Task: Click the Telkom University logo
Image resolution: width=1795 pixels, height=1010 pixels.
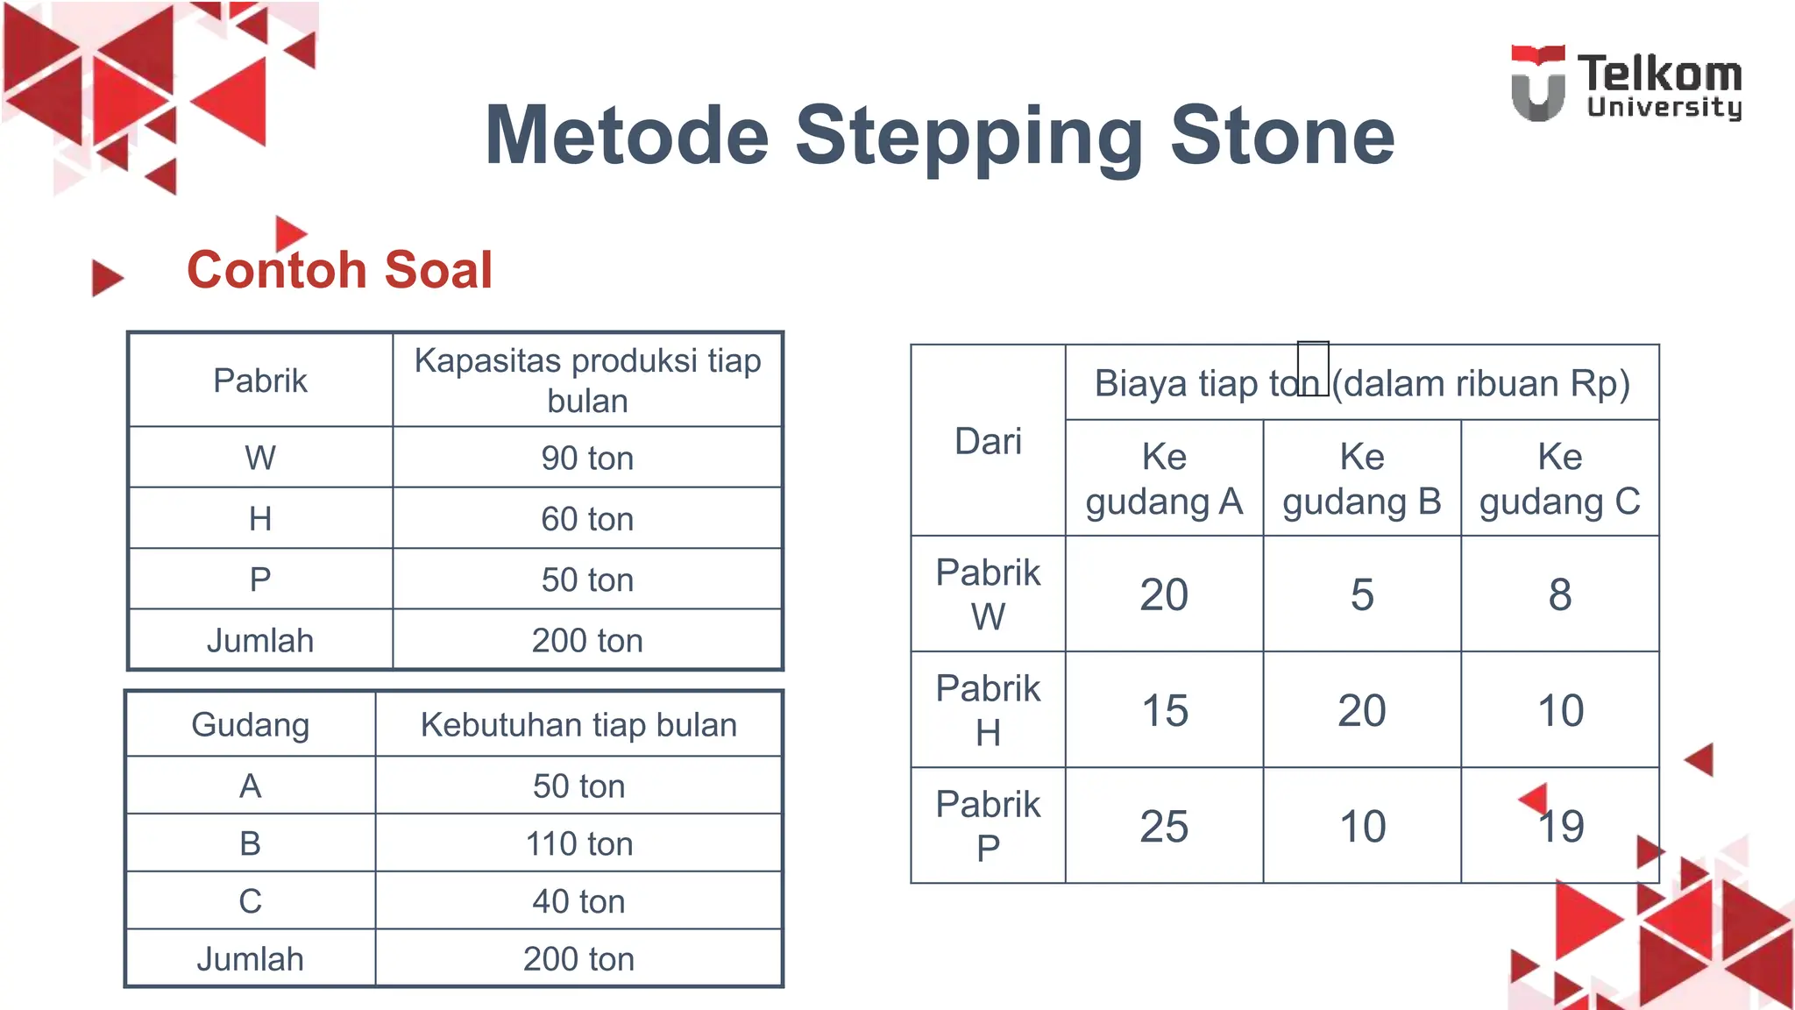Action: pyautogui.click(x=1626, y=84)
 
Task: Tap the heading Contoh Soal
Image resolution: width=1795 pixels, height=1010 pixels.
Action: pyautogui.click(x=339, y=269)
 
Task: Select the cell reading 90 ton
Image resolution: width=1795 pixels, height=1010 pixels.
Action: pyautogui.click(x=586, y=458)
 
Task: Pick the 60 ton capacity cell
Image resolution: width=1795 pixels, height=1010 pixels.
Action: pyautogui.click(x=586, y=519)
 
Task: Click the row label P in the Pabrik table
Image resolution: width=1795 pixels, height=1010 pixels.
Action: pyautogui.click(x=260, y=580)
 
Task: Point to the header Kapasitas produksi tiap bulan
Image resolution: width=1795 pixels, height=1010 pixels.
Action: pyautogui.click(x=586, y=381)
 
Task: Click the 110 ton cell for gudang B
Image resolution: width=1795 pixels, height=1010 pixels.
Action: pyautogui.click(x=578, y=843)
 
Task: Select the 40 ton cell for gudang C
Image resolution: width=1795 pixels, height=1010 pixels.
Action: pyautogui.click(x=578, y=901)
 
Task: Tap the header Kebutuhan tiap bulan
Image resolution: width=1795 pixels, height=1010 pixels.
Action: pyautogui.click(x=578, y=725)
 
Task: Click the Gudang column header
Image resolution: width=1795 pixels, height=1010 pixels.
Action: pyautogui.click(x=250, y=725)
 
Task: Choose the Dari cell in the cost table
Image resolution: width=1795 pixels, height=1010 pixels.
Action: pyautogui.click(x=988, y=441)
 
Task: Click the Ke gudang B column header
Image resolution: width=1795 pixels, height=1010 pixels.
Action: pyautogui.click(x=1361, y=479)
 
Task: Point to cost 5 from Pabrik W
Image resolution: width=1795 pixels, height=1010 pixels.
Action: pyautogui.click(x=1361, y=594)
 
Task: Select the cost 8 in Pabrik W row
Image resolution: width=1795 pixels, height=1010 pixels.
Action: pyautogui.click(x=1559, y=594)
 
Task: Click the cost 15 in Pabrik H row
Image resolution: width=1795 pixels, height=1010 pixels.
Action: pyautogui.click(x=1164, y=710)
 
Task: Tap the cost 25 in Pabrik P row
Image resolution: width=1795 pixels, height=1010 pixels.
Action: pyautogui.click(x=1164, y=826)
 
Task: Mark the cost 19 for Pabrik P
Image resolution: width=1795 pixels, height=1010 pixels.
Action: pyautogui.click(x=1561, y=826)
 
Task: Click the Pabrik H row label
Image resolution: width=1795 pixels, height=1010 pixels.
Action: pyautogui.click(x=988, y=710)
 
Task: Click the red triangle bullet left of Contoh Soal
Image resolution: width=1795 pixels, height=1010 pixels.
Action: pyautogui.click(x=106, y=278)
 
